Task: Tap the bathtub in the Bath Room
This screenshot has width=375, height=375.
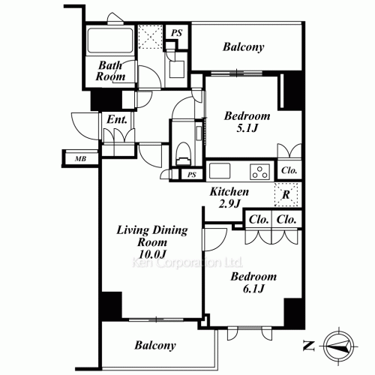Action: [110, 40]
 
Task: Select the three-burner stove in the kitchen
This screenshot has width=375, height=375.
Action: [259, 172]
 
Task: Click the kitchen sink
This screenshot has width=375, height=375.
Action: [220, 171]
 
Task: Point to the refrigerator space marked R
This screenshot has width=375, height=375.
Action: [286, 195]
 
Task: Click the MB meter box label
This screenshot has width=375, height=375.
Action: [80, 158]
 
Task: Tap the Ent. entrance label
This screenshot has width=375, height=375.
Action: [117, 119]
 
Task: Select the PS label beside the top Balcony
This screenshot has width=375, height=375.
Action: [177, 33]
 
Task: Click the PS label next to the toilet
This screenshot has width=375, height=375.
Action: [192, 175]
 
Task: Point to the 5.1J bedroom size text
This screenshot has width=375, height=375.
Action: [247, 128]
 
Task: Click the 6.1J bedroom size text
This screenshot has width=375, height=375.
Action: [253, 289]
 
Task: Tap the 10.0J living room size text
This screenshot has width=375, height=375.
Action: [152, 254]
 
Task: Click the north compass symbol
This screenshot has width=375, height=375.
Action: [339, 346]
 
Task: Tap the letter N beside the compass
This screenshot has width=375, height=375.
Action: [308, 346]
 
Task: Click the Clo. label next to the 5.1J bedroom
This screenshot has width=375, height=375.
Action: [289, 170]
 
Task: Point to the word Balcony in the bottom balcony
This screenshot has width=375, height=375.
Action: [155, 346]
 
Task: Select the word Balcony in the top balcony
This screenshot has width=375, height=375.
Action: [244, 47]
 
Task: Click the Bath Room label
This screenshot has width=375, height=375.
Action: [110, 71]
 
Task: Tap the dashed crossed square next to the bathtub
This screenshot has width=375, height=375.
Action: [150, 37]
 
